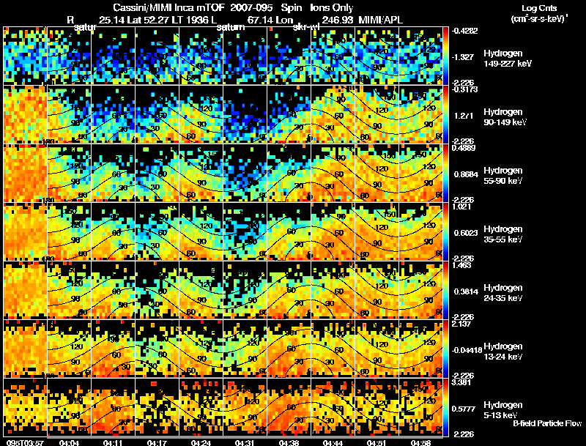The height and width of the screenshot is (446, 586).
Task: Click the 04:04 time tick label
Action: [x=69, y=442]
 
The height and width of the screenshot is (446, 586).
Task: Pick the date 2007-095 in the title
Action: [x=253, y=7]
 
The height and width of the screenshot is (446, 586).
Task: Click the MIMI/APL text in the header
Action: [x=381, y=20]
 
